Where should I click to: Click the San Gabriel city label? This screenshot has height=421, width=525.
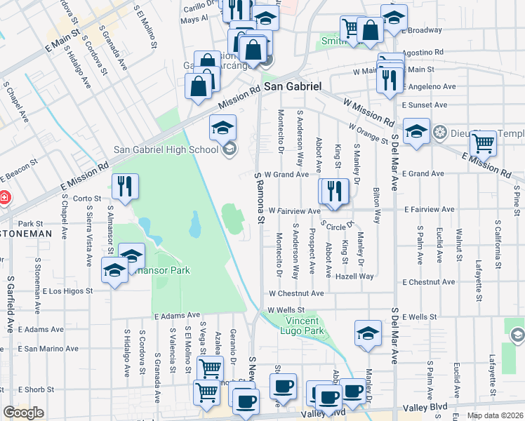tap(293, 86)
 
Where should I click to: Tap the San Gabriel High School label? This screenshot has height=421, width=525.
tap(166, 149)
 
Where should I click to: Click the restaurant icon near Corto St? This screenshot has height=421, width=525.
tap(125, 187)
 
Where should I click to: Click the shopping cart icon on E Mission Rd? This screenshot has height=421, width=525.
tap(483, 144)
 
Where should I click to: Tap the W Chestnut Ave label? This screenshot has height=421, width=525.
tap(295, 293)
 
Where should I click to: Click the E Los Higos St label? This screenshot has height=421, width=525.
tap(67, 290)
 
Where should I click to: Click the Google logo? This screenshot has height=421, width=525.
tap(23, 412)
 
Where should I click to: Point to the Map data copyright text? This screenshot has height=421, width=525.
tap(494, 415)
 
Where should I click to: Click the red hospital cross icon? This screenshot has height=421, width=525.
tap(4, 198)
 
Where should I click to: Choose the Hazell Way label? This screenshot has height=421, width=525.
tap(354, 276)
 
